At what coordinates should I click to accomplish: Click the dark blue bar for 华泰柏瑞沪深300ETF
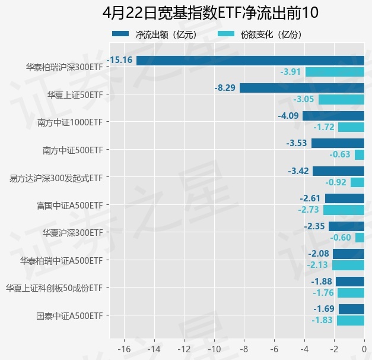pos(250,60)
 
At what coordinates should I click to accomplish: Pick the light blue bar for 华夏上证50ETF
pos(341,99)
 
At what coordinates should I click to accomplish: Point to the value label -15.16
pos(119,60)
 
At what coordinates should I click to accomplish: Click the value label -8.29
pos(225,88)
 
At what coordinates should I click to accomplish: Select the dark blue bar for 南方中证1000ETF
pos(333,116)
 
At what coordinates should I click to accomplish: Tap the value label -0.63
pos(340,154)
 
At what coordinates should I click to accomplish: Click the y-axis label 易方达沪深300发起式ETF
pos(56,178)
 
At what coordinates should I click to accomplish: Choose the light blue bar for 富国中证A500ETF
pos(344,210)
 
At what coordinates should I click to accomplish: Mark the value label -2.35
pos(314,226)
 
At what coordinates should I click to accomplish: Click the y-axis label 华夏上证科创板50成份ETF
pos(54,288)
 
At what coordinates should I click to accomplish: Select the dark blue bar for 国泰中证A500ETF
pos(351,309)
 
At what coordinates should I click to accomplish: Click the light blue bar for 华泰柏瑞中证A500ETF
pos(348,265)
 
